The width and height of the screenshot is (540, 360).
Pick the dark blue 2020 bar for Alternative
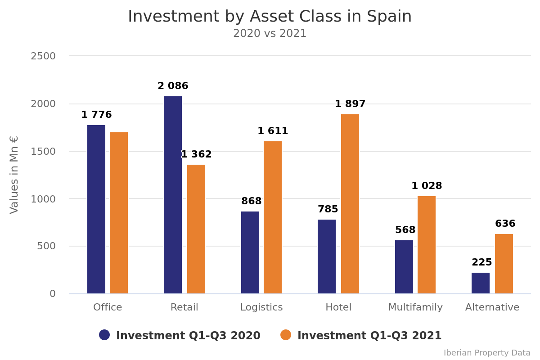coord(481,283)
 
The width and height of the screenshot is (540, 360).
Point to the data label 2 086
coord(173,86)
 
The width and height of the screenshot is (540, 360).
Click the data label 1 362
coord(196,154)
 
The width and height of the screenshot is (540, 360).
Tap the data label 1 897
coord(350,104)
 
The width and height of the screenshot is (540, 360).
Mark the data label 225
coord(481,262)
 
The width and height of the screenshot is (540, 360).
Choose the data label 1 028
coord(427,186)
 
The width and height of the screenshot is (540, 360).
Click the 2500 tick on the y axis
coord(43,56)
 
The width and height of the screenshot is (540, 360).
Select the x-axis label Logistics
coord(261,307)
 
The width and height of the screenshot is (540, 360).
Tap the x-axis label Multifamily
coord(415,307)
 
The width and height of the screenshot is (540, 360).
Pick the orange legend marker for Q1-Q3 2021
coord(286,335)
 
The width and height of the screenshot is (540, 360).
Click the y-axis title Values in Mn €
coord(14,175)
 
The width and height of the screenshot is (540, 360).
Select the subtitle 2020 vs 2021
coord(270,34)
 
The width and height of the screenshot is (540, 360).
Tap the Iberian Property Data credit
coord(487,353)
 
